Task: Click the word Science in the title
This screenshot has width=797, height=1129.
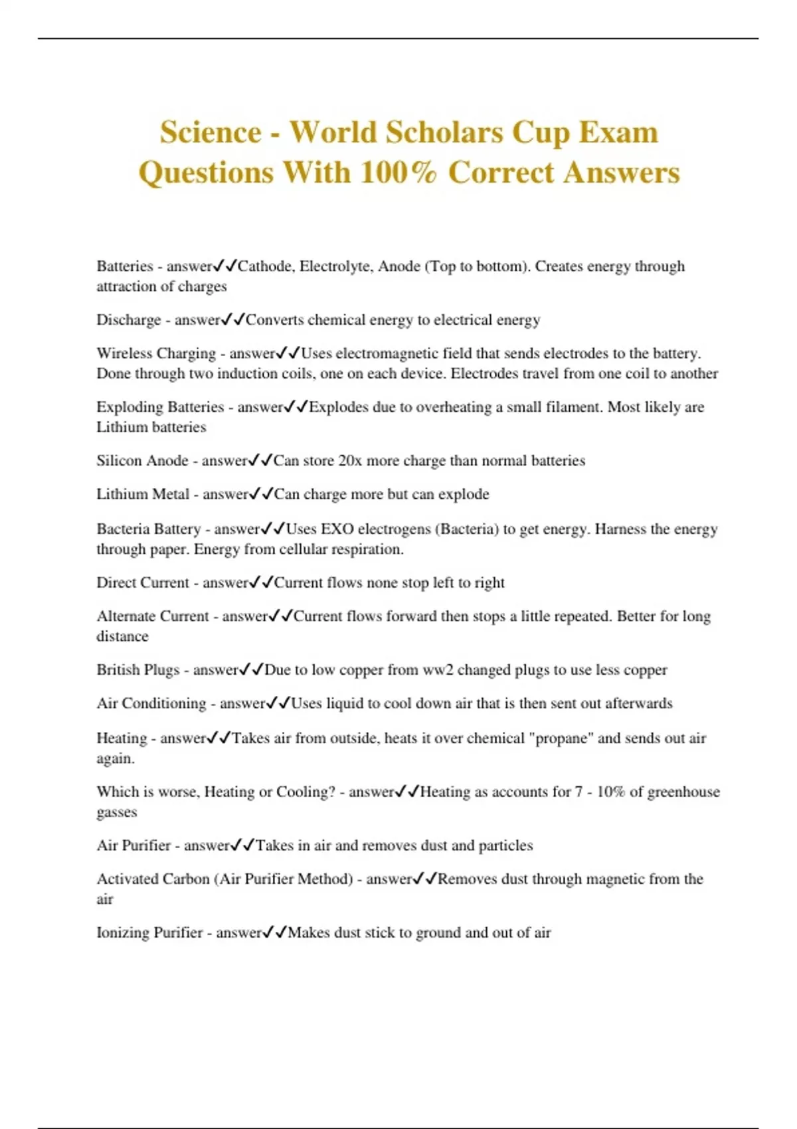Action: (x=211, y=132)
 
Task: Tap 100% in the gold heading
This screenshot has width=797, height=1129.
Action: (x=398, y=173)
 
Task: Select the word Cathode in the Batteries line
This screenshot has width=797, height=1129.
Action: (x=264, y=266)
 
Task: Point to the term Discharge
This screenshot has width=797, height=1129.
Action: (x=129, y=320)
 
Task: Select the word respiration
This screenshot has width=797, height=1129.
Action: (x=369, y=549)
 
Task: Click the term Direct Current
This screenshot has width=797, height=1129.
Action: (x=143, y=583)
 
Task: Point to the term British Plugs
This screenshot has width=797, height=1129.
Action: (x=138, y=670)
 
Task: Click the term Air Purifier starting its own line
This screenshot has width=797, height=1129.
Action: (x=133, y=845)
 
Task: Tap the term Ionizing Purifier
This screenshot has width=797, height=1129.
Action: (x=149, y=933)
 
